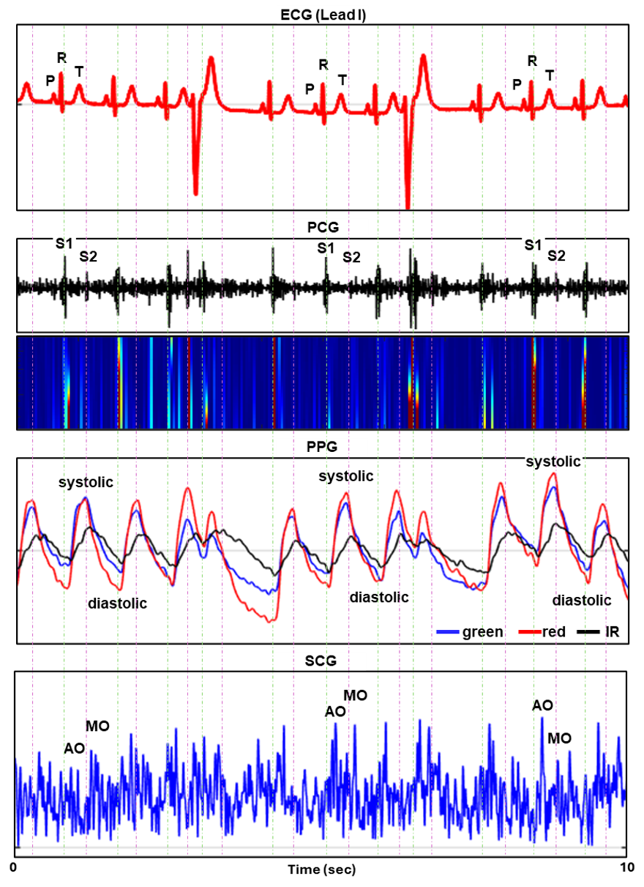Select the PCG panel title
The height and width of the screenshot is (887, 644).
(322, 228)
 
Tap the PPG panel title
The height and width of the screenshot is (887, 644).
(322, 448)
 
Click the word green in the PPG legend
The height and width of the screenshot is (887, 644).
(482, 631)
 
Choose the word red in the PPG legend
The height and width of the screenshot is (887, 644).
(554, 631)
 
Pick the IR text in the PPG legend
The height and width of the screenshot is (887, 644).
(613, 631)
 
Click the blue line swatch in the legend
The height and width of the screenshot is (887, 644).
(448, 631)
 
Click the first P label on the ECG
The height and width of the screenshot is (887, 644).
(50, 81)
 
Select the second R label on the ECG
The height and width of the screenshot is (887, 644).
(323, 64)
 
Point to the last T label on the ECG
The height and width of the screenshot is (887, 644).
(550, 75)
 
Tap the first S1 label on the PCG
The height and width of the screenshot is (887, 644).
(64, 241)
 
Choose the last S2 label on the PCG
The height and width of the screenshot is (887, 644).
(557, 256)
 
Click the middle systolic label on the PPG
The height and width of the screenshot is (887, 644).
(345, 476)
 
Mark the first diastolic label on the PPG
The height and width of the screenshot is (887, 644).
(117, 604)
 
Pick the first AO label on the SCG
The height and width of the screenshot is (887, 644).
(74, 748)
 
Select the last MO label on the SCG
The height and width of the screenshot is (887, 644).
(560, 738)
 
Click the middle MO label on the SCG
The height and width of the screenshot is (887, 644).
(356, 694)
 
